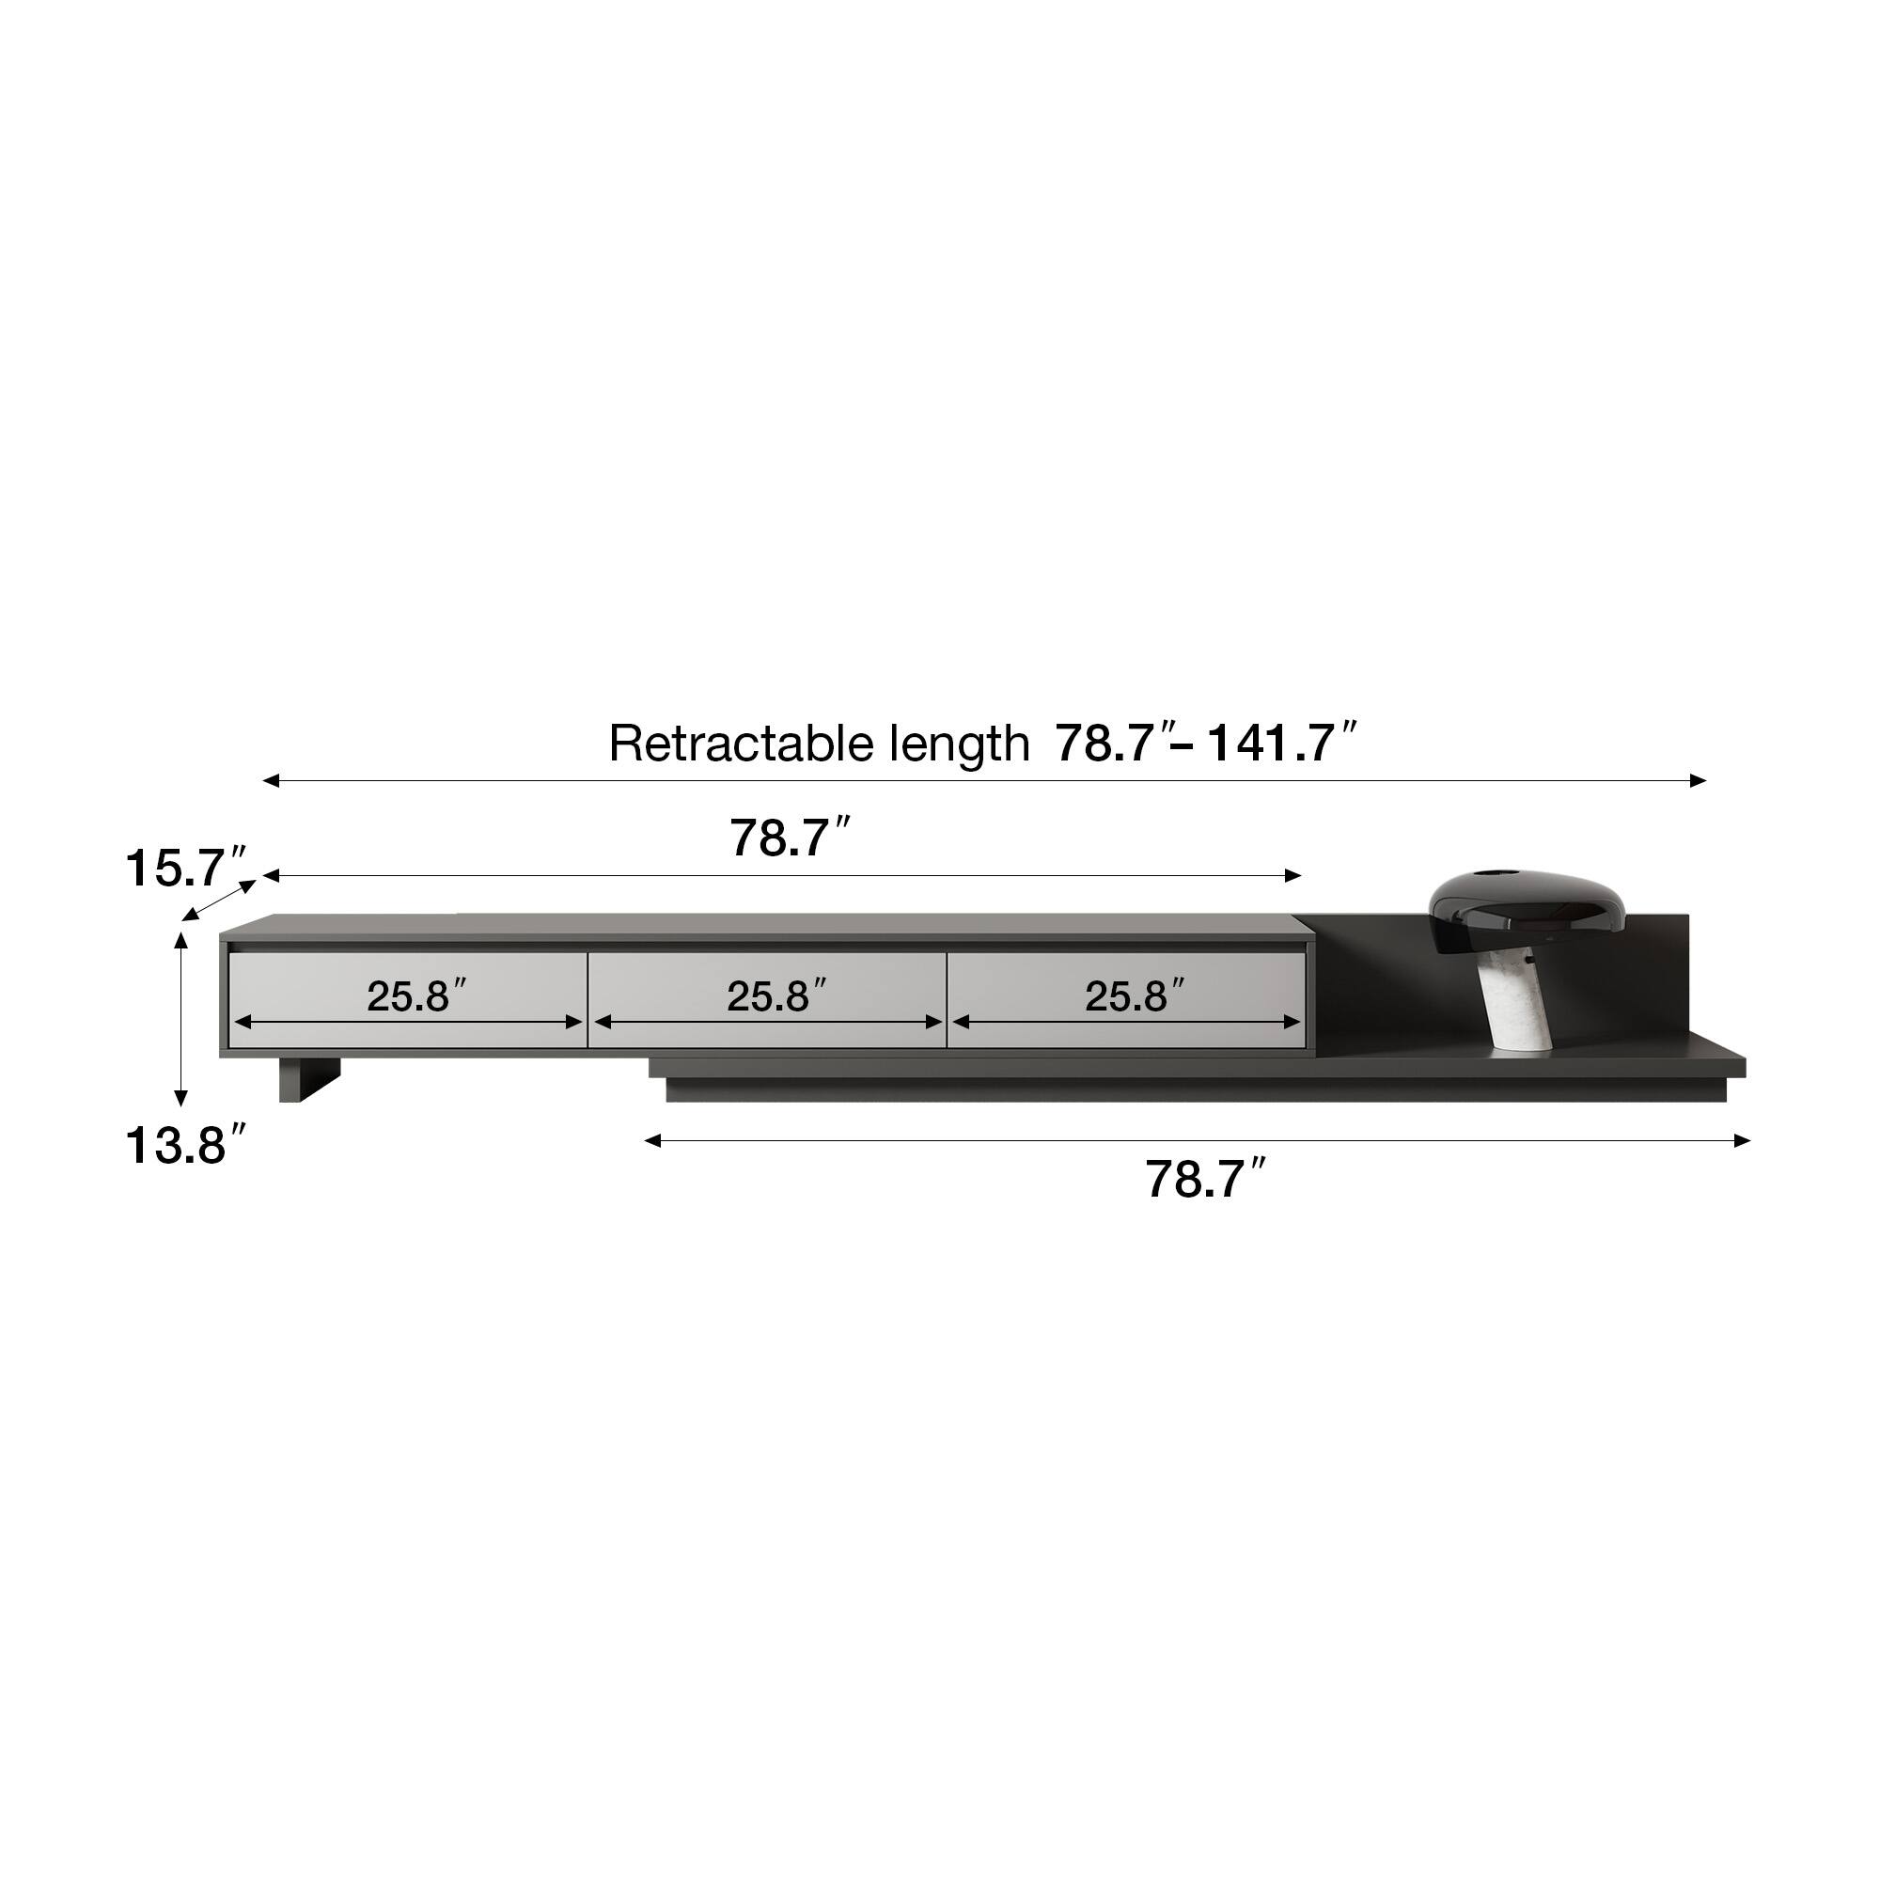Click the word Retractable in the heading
click(742, 744)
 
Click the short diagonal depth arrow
click(220, 900)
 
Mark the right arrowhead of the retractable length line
click(1698, 780)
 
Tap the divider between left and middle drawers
click(587, 999)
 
